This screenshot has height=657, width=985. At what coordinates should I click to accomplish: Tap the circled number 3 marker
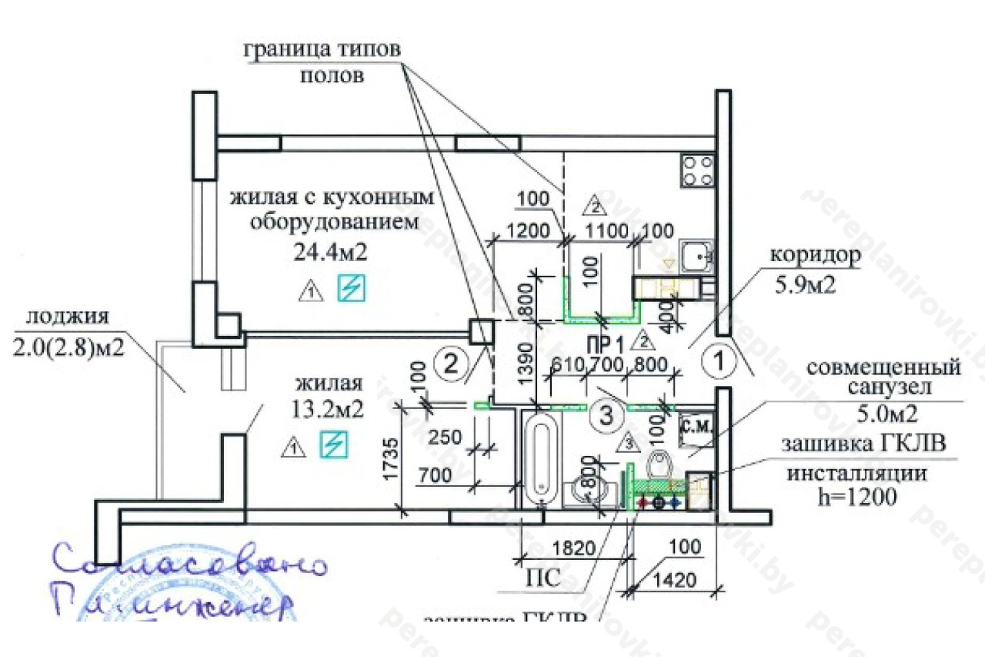point(606,416)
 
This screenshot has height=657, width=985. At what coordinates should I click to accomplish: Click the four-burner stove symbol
point(697,171)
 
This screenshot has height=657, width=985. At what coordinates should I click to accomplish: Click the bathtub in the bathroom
point(540,458)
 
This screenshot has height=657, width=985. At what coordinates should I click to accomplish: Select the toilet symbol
point(659,466)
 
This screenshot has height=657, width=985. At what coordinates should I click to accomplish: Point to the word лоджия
point(66,317)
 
